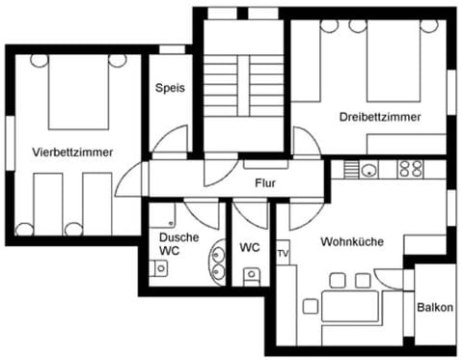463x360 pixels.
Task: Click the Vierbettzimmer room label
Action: (72, 152)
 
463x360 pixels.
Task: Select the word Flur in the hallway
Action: (266, 182)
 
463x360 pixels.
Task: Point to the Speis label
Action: (170, 87)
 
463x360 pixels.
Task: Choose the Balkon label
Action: (434, 308)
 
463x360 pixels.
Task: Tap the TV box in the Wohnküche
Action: (283, 254)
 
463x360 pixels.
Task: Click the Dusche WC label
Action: (178, 244)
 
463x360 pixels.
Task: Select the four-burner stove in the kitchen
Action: (410, 169)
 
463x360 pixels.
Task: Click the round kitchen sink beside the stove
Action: (368, 170)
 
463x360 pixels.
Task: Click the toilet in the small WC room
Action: (251, 276)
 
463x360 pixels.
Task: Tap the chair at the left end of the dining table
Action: (311, 307)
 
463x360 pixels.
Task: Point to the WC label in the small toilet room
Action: (250, 247)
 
